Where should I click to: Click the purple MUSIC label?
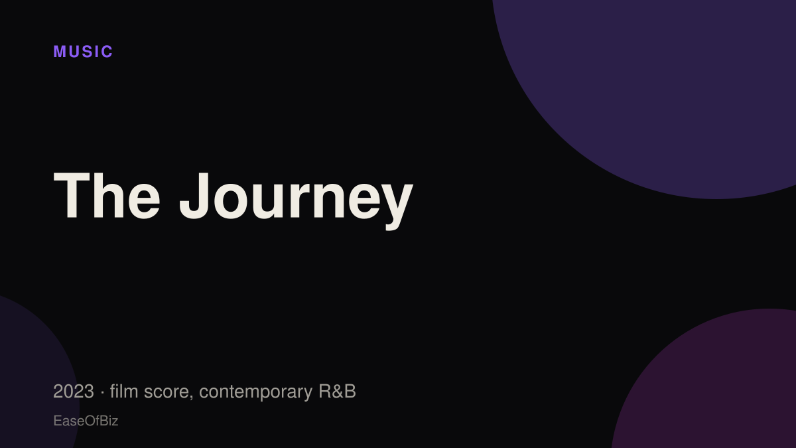pos(83,52)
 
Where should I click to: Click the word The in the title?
pos(107,196)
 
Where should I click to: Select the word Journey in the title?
pos(297,201)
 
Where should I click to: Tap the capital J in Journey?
pos(196,196)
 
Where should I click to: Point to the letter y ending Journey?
pos(397,207)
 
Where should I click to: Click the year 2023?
pos(74,392)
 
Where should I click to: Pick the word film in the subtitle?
pos(124,391)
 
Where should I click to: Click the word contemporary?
pos(255,393)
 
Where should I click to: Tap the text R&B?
pos(337,392)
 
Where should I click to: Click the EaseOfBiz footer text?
pos(86,421)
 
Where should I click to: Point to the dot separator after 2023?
pos(102,392)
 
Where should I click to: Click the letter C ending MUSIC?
pos(107,52)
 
